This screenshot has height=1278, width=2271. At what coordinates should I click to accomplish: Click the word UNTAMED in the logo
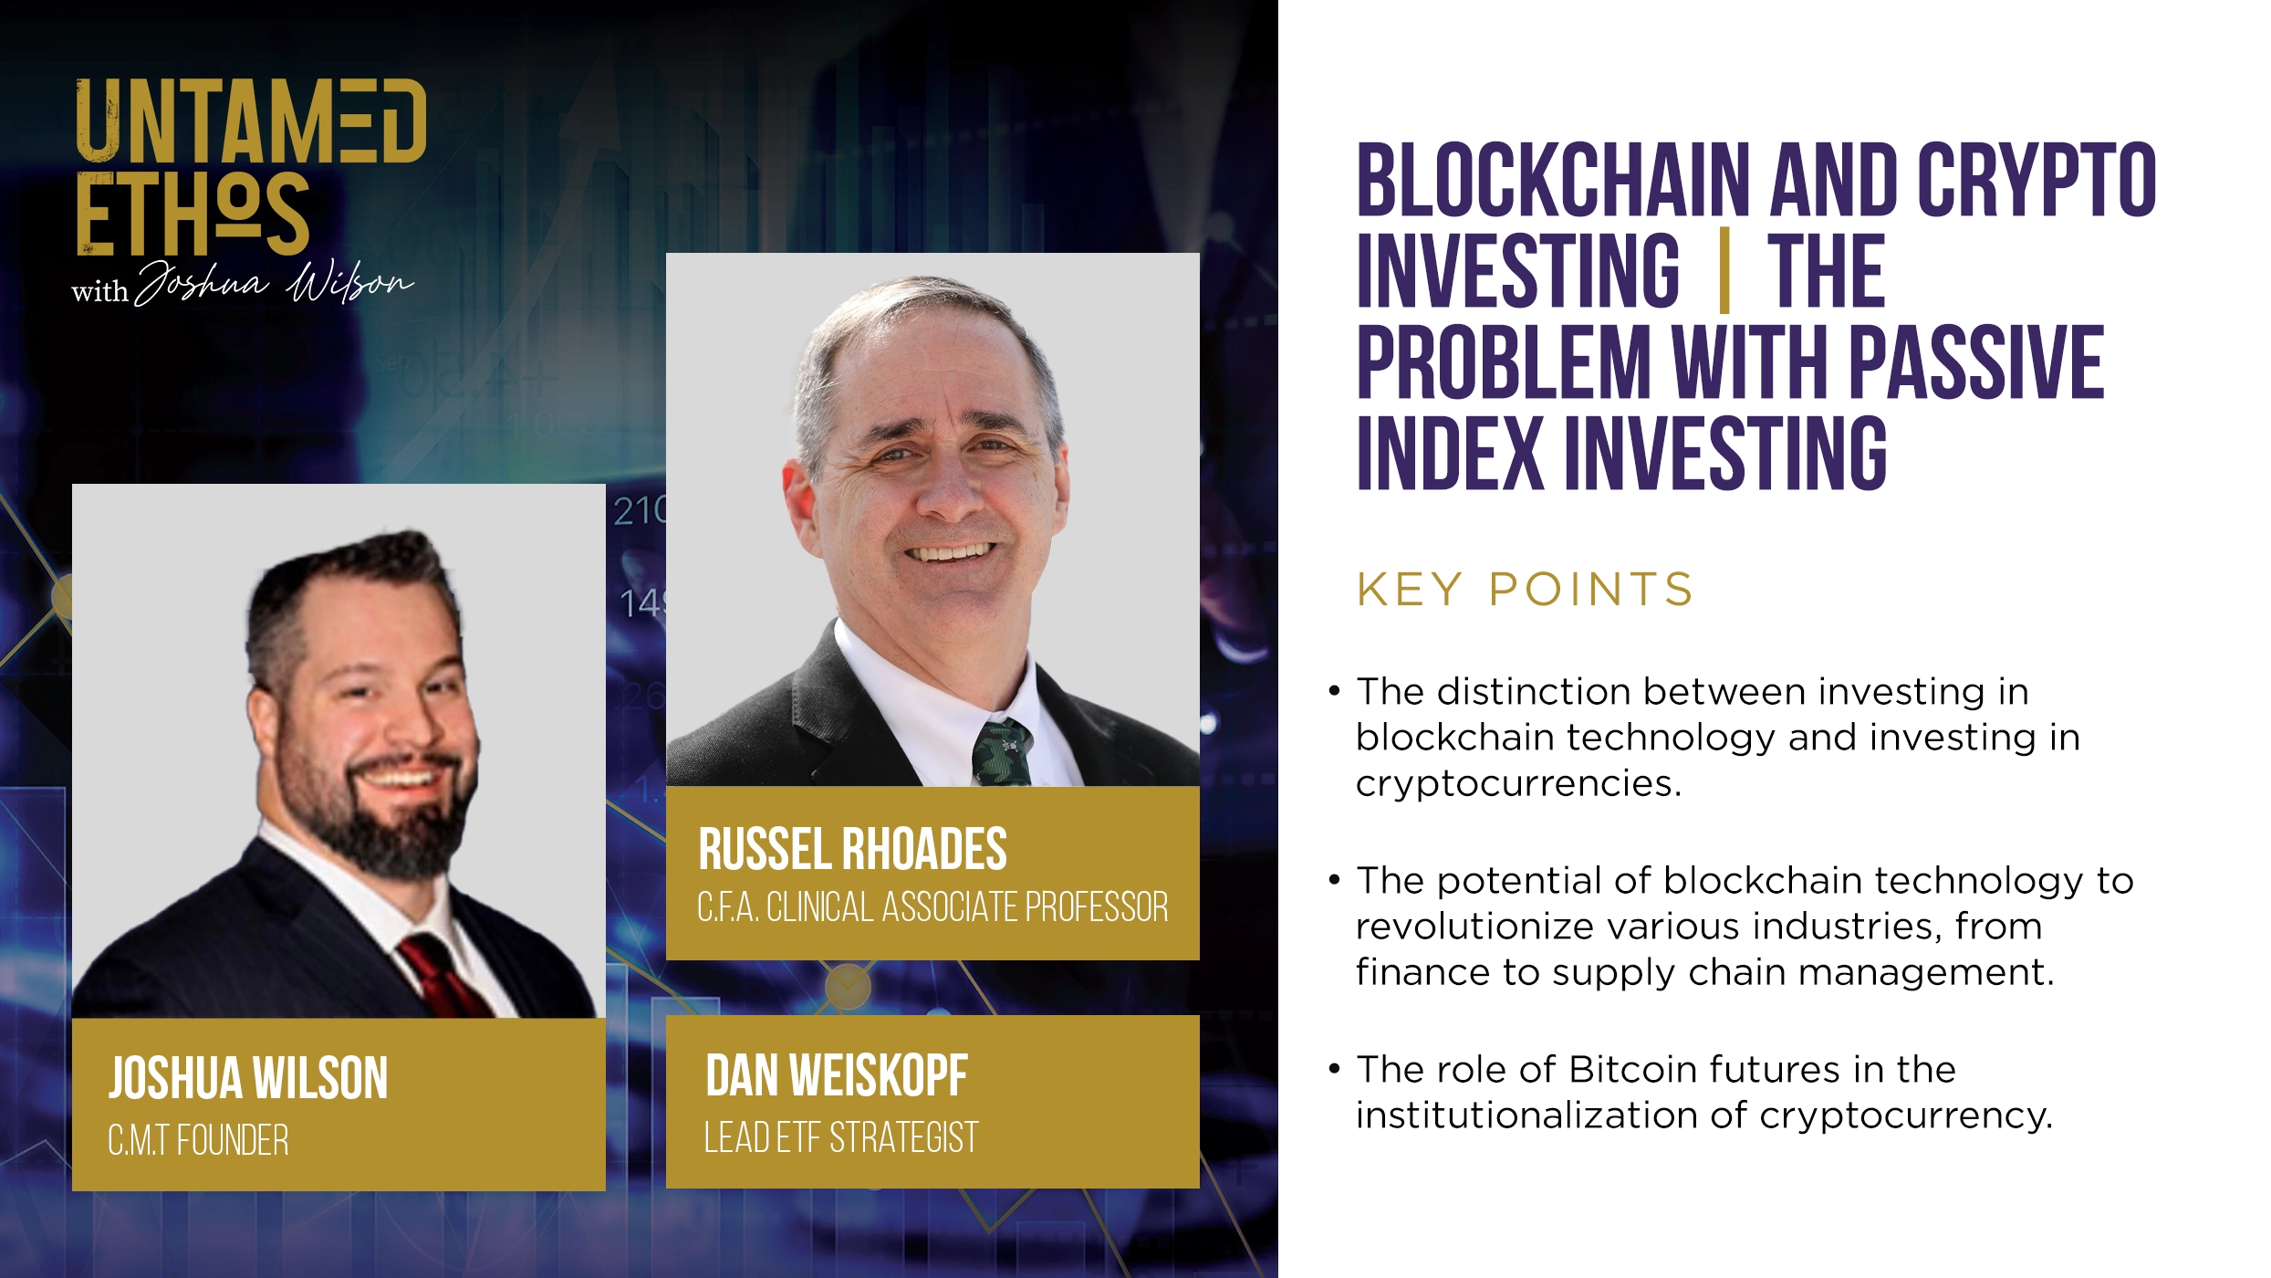tap(251, 121)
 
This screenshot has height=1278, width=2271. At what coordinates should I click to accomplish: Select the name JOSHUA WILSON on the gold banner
tap(248, 1078)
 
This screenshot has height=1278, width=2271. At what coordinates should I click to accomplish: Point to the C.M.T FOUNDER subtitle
tap(198, 1141)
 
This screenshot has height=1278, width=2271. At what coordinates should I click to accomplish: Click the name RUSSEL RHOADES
tap(852, 849)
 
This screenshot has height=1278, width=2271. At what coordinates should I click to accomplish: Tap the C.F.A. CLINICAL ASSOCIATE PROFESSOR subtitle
tap(932, 907)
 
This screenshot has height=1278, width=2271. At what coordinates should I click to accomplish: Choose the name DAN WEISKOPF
tap(836, 1075)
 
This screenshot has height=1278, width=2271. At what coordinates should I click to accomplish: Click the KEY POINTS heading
tap(1525, 590)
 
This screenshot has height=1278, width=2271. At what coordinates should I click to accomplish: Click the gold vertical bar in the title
tap(1724, 270)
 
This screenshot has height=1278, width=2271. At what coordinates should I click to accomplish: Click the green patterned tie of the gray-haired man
tap(1002, 752)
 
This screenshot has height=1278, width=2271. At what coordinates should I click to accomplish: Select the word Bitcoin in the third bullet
tap(1632, 1069)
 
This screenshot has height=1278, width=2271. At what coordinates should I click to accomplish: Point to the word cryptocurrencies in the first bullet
tap(1517, 783)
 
